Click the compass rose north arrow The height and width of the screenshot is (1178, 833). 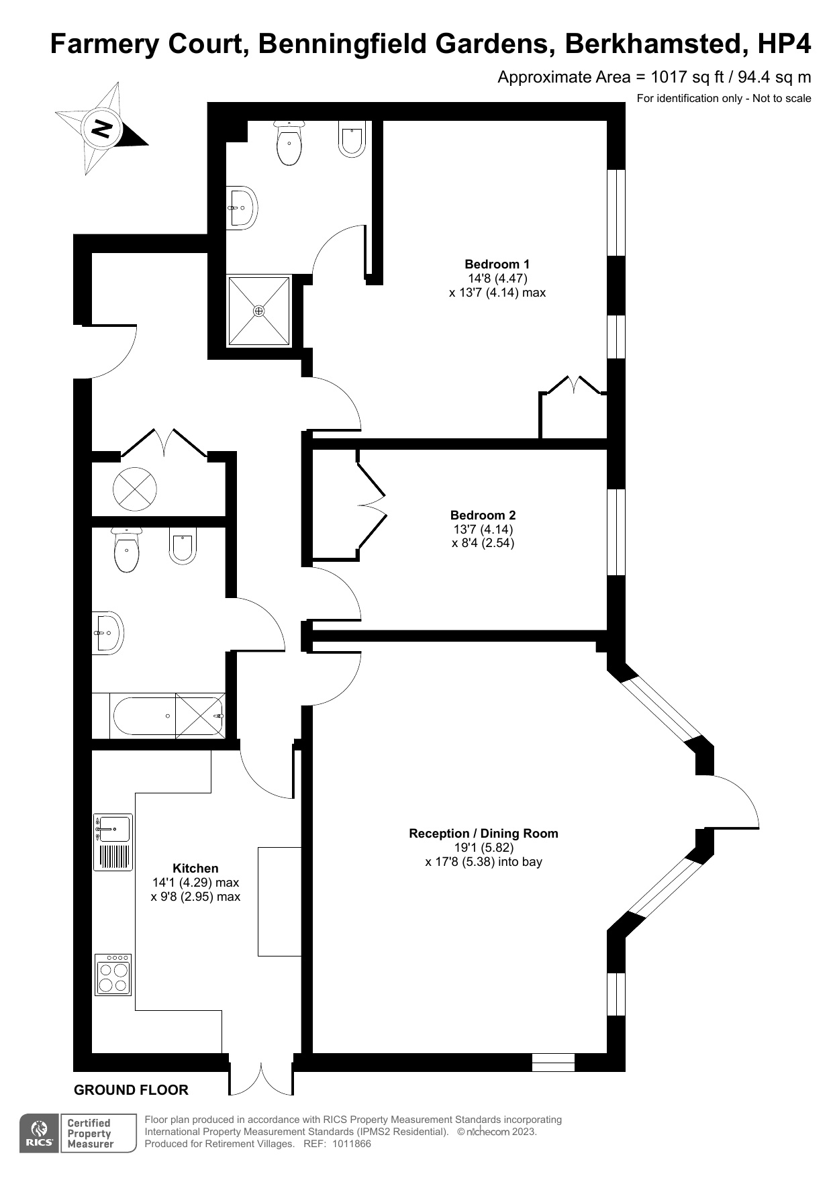(x=101, y=128)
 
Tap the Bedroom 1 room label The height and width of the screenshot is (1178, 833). (x=497, y=264)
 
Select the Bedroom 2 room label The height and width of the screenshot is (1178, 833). (x=483, y=516)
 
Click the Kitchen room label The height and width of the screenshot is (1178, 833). (x=195, y=868)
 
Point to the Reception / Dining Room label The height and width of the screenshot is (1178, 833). (x=483, y=833)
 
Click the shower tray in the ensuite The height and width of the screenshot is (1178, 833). (x=259, y=311)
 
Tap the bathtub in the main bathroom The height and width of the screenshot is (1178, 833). (x=168, y=716)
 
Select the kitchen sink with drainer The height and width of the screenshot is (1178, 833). (x=113, y=842)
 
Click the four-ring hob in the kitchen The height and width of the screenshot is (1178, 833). (x=113, y=975)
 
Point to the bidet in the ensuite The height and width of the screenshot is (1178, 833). (x=352, y=138)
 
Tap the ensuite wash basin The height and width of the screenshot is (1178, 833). (x=242, y=207)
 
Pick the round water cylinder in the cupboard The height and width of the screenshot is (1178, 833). (x=135, y=488)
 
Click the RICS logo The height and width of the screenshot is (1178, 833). (x=40, y=1134)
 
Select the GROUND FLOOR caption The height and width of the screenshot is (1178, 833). (x=131, y=1090)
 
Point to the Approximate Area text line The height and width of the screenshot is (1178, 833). (x=654, y=77)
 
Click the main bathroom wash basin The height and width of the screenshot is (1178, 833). (x=107, y=632)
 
